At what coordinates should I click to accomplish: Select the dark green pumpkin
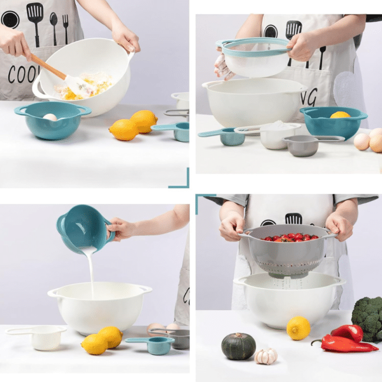point(238,346)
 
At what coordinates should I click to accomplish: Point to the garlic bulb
point(266,356)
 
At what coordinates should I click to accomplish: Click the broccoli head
point(367,317)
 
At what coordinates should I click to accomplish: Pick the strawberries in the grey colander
point(289,237)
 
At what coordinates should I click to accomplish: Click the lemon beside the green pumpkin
point(298,328)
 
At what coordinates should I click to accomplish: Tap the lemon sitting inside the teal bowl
point(340,115)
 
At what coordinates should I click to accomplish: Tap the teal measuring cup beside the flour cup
point(226,137)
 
